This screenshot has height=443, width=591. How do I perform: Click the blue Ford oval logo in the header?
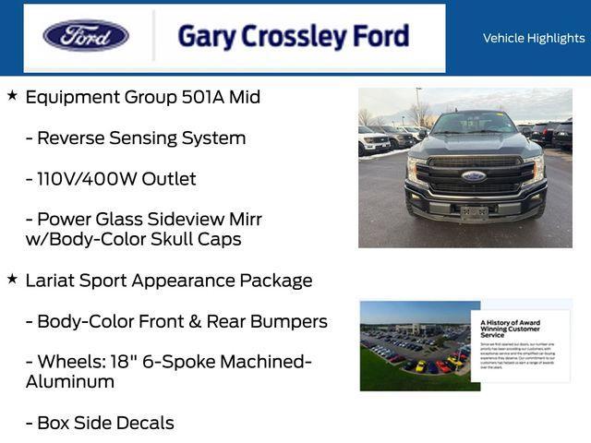pos(86,36)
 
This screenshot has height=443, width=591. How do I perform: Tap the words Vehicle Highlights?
pos(534,38)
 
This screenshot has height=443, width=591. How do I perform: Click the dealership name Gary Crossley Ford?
pos(293,37)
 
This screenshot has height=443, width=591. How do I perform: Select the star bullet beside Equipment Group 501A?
pos(12,95)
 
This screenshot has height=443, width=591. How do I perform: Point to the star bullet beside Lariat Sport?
pos(12,278)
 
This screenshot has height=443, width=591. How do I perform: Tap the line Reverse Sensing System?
pos(135,138)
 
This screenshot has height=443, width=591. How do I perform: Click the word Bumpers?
pos(288,321)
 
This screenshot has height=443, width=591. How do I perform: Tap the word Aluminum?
pos(70,381)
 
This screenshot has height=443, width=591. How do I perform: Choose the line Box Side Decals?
pos(100,423)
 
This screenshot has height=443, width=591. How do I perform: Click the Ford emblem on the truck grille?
pos(474,175)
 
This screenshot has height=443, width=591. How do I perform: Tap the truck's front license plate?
pos(475,212)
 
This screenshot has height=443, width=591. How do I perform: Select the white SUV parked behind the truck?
pos(375,141)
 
